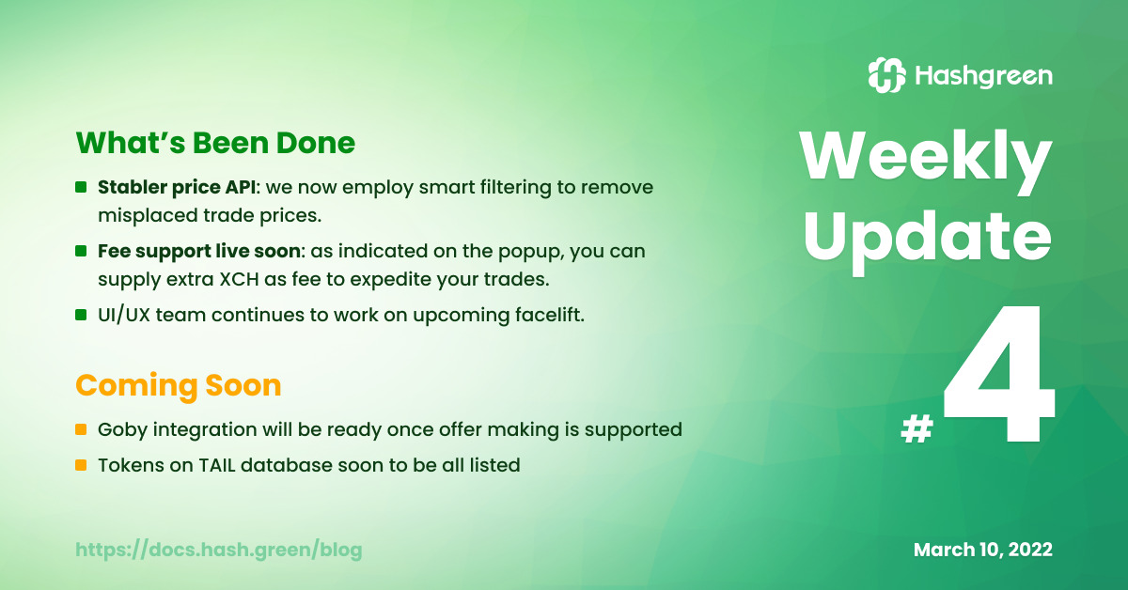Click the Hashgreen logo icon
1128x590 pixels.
click(886, 75)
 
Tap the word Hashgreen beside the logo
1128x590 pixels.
click(983, 76)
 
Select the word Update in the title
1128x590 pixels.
click(928, 241)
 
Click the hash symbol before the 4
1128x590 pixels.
click(917, 429)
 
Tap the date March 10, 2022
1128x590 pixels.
click(983, 550)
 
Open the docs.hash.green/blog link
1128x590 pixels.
click(218, 550)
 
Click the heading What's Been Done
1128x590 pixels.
click(215, 143)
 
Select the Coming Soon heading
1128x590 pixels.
click(179, 385)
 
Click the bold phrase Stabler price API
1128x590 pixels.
click(177, 187)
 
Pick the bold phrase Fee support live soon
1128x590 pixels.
click(199, 251)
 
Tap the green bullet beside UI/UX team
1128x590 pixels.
click(81, 315)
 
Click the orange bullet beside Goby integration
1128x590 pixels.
click(81, 429)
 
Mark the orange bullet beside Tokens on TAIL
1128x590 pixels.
click(81, 465)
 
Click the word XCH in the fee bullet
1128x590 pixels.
click(239, 279)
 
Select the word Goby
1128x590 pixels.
click(122, 430)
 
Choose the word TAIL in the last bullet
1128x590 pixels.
click(217, 465)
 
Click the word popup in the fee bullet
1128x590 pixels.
click(531, 252)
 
